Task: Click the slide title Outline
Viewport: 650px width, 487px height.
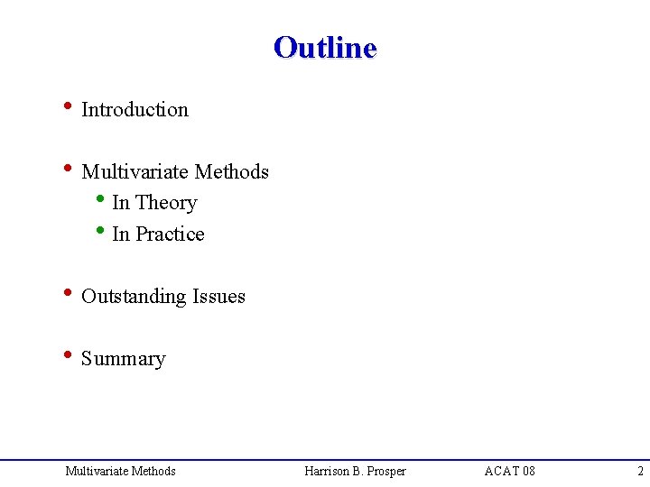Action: pyautogui.click(x=325, y=47)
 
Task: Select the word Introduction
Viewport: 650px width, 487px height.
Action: pyautogui.click(x=135, y=110)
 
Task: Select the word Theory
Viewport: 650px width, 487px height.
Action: pyautogui.click(x=165, y=203)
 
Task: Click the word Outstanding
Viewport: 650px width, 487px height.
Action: pyautogui.click(x=134, y=297)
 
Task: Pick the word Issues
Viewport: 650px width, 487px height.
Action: pyautogui.click(x=218, y=297)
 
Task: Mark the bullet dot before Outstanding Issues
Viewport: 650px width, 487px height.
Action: pyautogui.click(x=67, y=294)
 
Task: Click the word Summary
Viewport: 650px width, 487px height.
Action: pyautogui.click(x=124, y=359)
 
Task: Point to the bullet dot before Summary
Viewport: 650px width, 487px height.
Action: pyautogui.click(x=67, y=356)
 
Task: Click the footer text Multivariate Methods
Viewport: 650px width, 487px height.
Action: pyautogui.click(x=120, y=471)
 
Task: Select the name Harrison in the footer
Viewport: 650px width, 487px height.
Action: pyautogui.click(x=330, y=471)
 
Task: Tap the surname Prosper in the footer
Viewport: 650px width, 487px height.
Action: pyautogui.click(x=386, y=471)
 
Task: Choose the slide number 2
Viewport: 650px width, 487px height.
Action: pyautogui.click(x=640, y=471)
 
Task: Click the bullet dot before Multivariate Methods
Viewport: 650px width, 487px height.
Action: pyautogui.click(x=67, y=170)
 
